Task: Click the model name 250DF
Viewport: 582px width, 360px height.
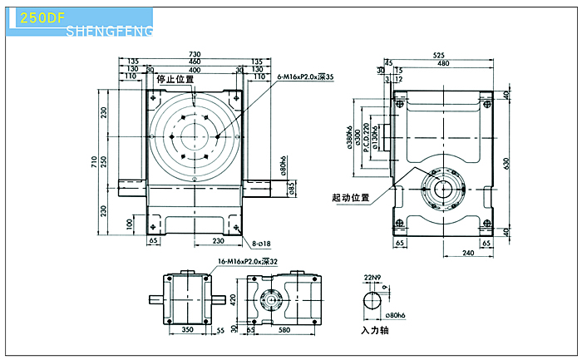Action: click(x=36, y=16)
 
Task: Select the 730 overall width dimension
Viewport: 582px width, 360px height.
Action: click(x=194, y=52)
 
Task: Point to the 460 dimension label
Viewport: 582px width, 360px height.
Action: click(x=194, y=62)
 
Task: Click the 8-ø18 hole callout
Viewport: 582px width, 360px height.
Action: click(x=263, y=244)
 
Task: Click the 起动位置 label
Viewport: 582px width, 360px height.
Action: click(x=350, y=198)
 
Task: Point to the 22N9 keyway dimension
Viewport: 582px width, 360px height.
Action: click(x=372, y=277)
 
